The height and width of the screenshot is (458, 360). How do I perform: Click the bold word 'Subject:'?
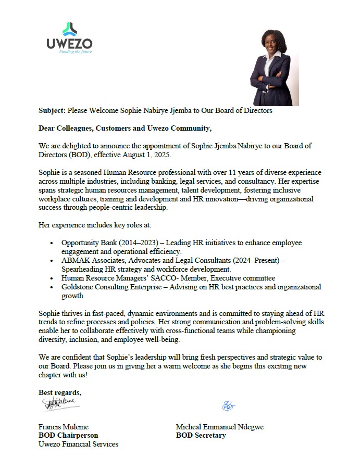pyautogui.click(x=52, y=111)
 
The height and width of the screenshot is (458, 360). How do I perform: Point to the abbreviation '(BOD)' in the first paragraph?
pyautogui.click(x=79, y=155)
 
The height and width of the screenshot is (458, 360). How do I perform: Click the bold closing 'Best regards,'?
pyautogui.click(x=60, y=391)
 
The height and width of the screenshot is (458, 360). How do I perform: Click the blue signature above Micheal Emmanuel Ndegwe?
pyautogui.click(x=228, y=405)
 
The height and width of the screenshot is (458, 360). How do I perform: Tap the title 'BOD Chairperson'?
pyautogui.click(x=68, y=435)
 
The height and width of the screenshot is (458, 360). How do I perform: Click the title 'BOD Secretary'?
pyautogui.click(x=201, y=435)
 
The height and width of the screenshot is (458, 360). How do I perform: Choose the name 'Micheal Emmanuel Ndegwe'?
pyautogui.click(x=220, y=427)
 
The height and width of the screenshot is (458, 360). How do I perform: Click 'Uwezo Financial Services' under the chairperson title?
pyautogui.click(x=79, y=444)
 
